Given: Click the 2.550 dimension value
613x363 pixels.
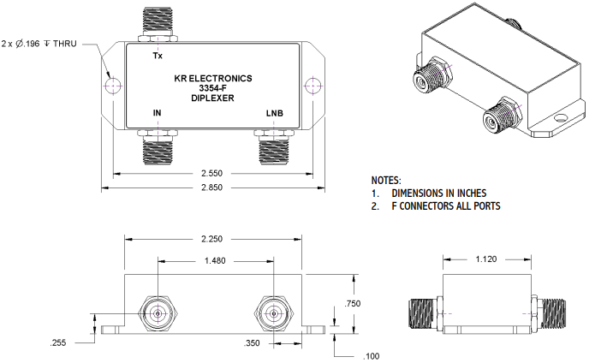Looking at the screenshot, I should pyautogui.click(x=214, y=173).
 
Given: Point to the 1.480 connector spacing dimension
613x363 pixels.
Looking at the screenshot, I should pyautogui.click(x=216, y=261).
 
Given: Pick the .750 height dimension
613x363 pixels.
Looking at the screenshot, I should pyautogui.click(x=351, y=303).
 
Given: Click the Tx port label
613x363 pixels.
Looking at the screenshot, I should pyautogui.click(x=157, y=57).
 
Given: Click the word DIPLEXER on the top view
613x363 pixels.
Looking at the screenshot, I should pyautogui.click(x=213, y=99).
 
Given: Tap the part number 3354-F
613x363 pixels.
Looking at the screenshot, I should pyautogui.click(x=213, y=88).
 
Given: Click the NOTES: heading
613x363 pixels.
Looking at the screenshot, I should pyautogui.click(x=386, y=181).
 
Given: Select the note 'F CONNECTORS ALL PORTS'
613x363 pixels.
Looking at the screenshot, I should pyautogui.click(x=445, y=206).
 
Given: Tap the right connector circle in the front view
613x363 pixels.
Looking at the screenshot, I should pyautogui.click(x=273, y=313).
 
